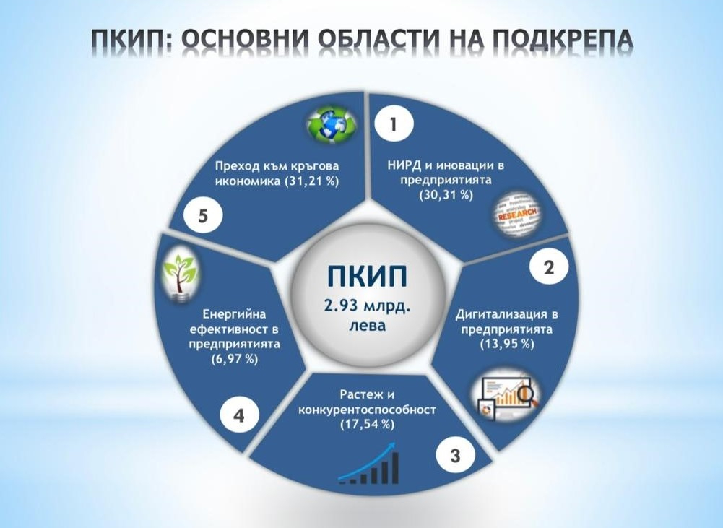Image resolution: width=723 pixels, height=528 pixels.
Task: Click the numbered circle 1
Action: (x=394, y=124)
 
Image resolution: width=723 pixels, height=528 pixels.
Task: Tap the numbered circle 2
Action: (x=549, y=267)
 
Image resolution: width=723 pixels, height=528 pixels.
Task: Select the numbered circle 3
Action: (x=454, y=456)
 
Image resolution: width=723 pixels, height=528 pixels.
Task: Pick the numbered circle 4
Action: (x=239, y=416)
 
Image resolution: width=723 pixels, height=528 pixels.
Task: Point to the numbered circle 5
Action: (x=203, y=216)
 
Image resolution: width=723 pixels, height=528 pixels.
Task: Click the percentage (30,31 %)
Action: (x=446, y=195)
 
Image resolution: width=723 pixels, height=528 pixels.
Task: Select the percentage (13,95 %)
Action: (x=507, y=344)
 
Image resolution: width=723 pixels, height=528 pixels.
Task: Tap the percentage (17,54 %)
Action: (x=367, y=424)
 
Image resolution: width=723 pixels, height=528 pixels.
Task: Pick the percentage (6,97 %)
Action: (x=234, y=359)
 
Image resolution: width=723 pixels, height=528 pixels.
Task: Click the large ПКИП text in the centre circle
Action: (x=368, y=276)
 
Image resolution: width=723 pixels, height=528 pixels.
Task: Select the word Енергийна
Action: (x=234, y=314)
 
